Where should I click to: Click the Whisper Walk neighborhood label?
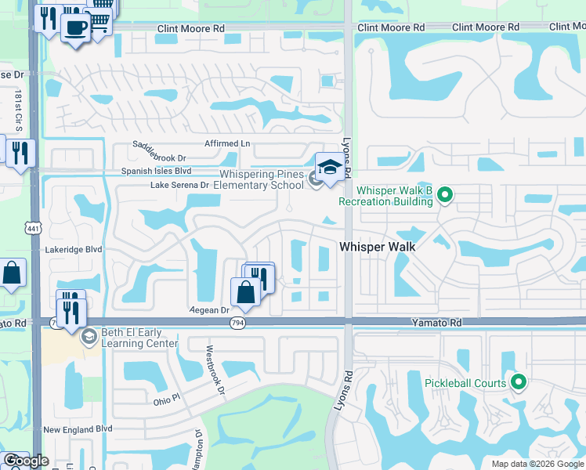[376, 246]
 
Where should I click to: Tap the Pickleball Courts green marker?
[517, 382]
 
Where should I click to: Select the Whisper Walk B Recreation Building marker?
[445, 193]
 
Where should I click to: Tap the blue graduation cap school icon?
[330, 167]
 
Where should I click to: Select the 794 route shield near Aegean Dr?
[236, 323]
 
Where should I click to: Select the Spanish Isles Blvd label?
[156, 170]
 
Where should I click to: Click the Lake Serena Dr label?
[179, 185]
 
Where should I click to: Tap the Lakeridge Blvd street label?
[74, 249]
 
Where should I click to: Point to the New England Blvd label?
[78, 429]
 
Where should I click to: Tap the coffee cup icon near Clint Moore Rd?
[75, 29]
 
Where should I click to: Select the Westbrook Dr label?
[215, 371]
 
